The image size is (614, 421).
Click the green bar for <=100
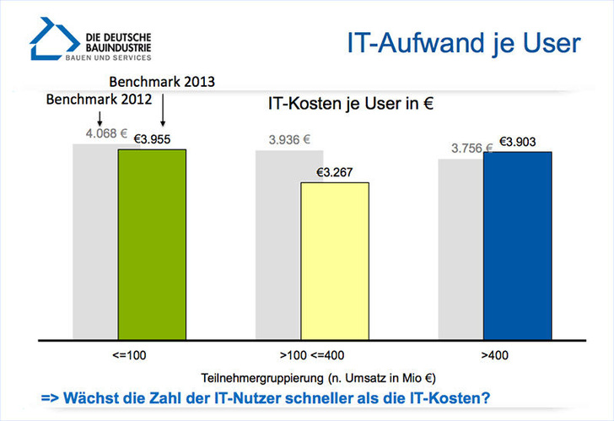pos(152,245)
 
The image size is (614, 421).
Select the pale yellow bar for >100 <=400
pos(335,261)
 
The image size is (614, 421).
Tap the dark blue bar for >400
pos(517,246)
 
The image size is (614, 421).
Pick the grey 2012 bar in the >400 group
pos(460,249)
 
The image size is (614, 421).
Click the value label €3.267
pos(334,173)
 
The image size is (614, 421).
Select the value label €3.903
pos(517,143)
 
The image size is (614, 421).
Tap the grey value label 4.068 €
pos(105,133)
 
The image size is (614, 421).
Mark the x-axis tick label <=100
pos(128,355)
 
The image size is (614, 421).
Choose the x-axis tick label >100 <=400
pos(312,355)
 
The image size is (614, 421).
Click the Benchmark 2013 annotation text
pos(163,83)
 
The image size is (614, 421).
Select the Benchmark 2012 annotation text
pos(99,99)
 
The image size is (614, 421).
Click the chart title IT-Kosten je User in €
pos(349,105)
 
